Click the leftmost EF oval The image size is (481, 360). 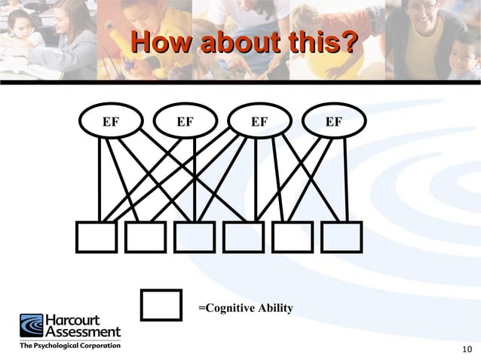coord(111,121)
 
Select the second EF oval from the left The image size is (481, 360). coord(185,121)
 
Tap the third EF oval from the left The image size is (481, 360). coord(259,121)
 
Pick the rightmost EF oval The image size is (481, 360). coord(334,121)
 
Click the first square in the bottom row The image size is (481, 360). coord(96,237)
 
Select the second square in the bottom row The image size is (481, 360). coord(145,237)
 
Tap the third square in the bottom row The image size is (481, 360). coord(195,237)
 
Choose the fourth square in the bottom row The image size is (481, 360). coord(244,237)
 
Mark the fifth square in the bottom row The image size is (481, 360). coord(293,237)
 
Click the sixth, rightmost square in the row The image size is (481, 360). coord(342,237)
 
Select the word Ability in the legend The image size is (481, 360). coord(276,309)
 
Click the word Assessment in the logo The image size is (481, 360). coord(83,331)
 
